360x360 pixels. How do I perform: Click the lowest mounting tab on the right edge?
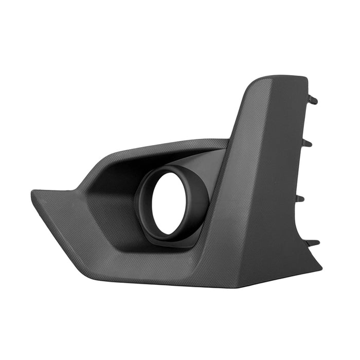coord(313,242)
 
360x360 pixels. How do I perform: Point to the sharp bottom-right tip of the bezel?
coord(320,268)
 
